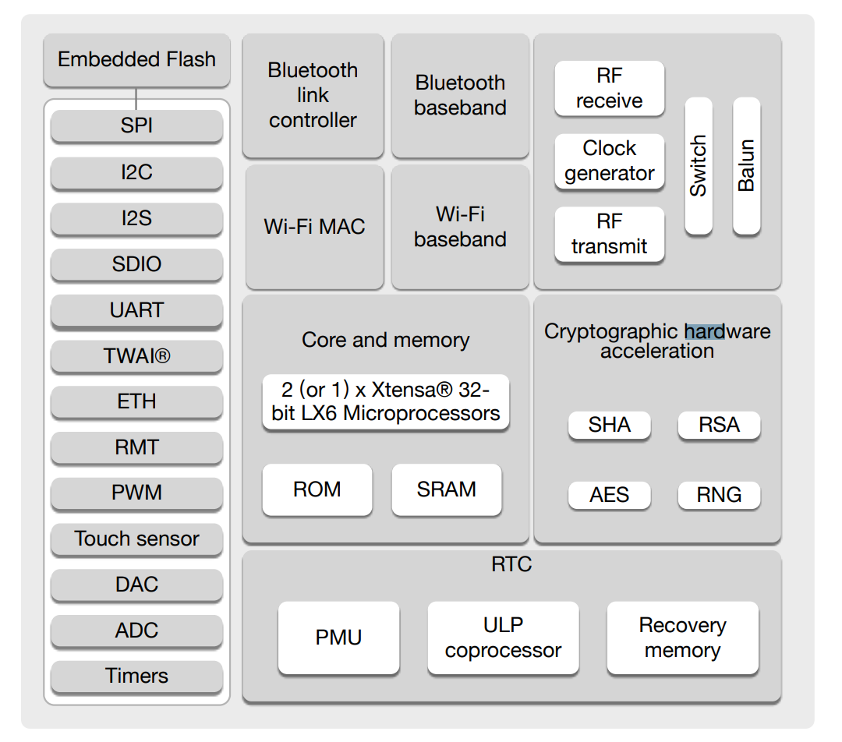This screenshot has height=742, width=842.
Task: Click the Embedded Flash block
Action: pos(136,59)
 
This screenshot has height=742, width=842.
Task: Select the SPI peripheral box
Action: pos(136,125)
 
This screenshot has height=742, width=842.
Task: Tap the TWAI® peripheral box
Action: pos(136,356)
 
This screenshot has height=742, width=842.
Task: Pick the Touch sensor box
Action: pos(136,539)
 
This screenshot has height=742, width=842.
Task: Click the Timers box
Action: pos(136,676)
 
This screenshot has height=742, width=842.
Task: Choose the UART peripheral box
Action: pos(136,310)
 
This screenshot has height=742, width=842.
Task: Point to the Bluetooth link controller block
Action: pos(313,95)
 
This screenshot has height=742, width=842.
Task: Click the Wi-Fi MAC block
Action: pos(314,227)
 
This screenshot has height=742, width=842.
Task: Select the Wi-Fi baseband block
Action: pos(460,227)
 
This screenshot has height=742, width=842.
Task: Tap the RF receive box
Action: pos(609,88)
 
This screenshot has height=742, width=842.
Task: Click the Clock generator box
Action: pos(609,161)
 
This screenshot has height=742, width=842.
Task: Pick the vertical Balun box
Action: pos(746,165)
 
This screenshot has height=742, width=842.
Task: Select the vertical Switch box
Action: pos(699,165)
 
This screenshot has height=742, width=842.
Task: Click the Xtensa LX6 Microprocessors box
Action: pos(385,401)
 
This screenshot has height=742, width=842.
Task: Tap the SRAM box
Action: pos(446,489)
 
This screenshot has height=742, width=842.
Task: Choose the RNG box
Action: pos(718,495)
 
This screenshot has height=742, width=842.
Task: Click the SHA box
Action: pos(609,425)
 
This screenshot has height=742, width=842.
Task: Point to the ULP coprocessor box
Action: pos(503,638)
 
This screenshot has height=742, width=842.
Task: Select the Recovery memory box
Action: pos(682,638)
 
